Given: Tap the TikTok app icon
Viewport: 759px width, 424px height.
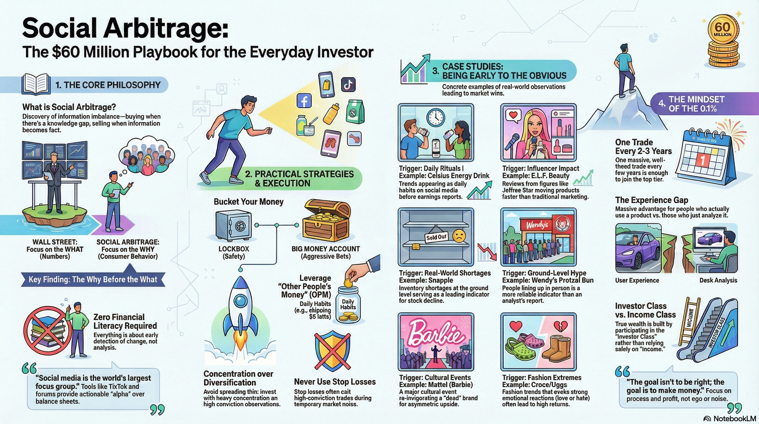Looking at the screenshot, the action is coord(348,84).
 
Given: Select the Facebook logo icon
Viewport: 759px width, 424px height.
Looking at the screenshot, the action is coord(304,101).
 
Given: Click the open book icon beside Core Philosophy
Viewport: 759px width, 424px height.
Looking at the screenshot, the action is coord(36,84).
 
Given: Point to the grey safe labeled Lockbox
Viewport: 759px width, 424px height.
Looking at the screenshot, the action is coord(233,226).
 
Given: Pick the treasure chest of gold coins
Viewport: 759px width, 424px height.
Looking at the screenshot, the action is coord(326,220).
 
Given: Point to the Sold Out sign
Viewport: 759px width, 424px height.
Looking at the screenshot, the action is coord(436,237).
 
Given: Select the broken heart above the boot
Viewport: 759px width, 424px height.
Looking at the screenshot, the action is coord(561,326).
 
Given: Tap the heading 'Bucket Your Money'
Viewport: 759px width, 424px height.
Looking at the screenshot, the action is coord(249,202).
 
